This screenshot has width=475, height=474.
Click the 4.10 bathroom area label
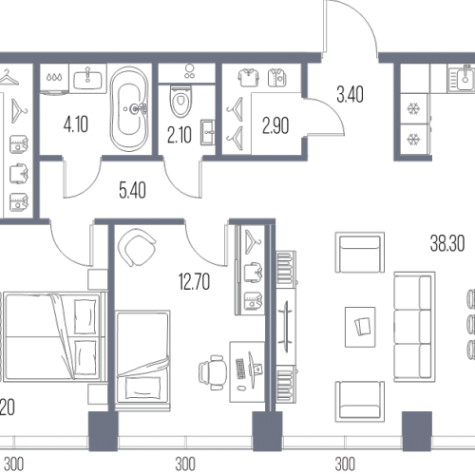coord(76,124)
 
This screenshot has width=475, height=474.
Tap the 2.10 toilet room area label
coord(180,136)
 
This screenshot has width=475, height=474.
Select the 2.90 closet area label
coord(275,125)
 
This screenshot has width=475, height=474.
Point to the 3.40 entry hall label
coord(350,94)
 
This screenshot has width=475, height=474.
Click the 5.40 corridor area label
coord(132,190)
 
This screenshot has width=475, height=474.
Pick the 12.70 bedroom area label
coord(194,282)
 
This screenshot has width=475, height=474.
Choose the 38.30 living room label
coord(447,243)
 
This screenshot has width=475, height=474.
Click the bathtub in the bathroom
coord(129,109)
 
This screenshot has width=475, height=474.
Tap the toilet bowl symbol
coord(180,101)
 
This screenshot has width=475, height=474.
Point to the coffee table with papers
coord(360,327)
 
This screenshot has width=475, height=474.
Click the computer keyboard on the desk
coord(240,369)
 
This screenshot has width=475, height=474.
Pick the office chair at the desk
coord(213,372)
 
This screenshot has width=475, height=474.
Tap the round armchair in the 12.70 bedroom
coord(137,247)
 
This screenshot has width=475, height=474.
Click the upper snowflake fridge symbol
coord(413,109)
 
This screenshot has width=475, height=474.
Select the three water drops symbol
coord(54,77)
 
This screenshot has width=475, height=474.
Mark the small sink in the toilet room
coord(208,132)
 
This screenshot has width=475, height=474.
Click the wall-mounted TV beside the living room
coord(286,327)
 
